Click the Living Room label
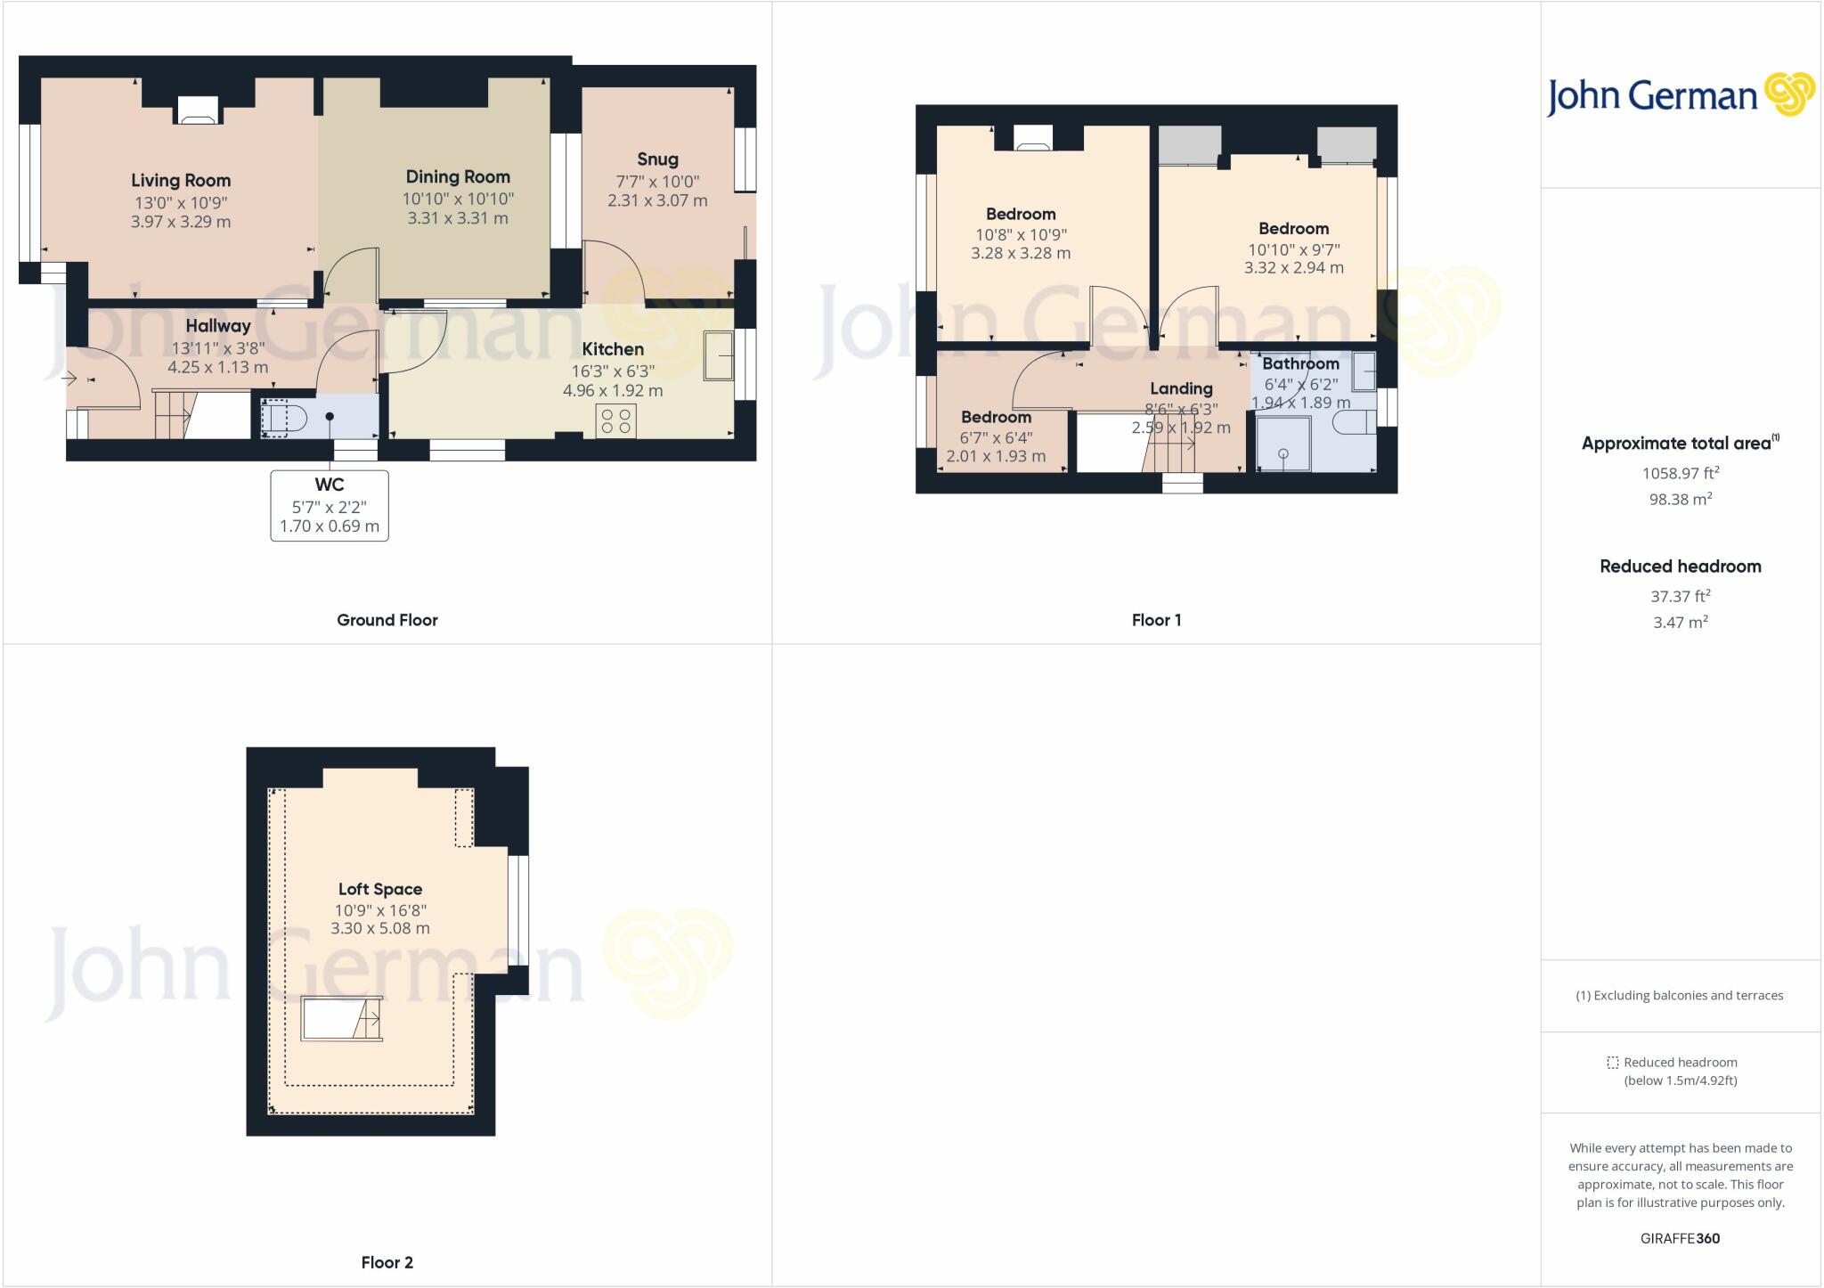181,181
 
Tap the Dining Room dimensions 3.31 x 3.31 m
458,218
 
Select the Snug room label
657,159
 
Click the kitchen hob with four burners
616,420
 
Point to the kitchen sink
718,356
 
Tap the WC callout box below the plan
330,505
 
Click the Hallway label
218,326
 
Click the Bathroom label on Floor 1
1300,363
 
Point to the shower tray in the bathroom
1283,444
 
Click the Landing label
1181,388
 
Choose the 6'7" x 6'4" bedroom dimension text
996,437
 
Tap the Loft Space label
380,889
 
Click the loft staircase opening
341,1019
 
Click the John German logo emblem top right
1788,94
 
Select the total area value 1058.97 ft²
1681,473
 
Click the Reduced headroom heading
1680,567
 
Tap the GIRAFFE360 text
1680,1238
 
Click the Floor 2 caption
387,1262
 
